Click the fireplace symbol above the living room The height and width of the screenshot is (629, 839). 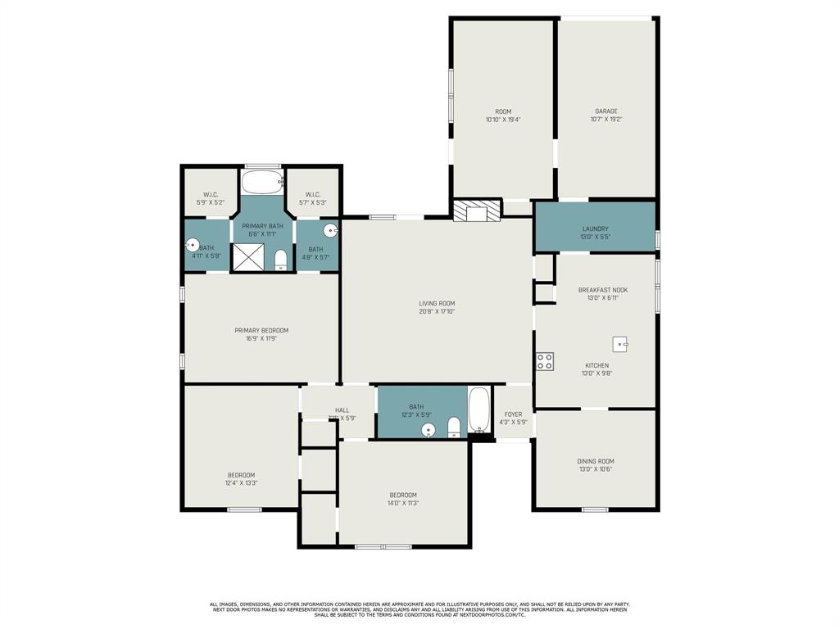(476, 211)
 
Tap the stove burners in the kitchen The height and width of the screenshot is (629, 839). (545, 361)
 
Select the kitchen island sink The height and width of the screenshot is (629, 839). (620, 344)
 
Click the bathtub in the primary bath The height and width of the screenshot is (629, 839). (262, 182)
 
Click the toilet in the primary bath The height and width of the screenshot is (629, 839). (280, 260)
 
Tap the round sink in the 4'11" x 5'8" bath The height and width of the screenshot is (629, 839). (192, 244)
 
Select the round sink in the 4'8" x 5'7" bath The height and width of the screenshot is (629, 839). (330, 231)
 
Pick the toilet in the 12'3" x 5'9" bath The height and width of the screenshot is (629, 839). (454, 427)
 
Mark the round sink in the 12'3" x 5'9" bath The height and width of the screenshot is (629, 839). (428, 429)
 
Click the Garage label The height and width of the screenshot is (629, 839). (606, 111)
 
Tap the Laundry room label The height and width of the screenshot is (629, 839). (595, 229)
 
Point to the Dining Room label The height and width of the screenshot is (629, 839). (595, 461)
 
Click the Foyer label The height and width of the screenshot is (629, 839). (513, 414)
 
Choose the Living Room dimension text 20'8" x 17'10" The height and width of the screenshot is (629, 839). (437, 311)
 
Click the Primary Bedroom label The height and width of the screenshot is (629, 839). (261, 331)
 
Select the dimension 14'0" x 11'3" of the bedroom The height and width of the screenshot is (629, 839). (403, 504)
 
